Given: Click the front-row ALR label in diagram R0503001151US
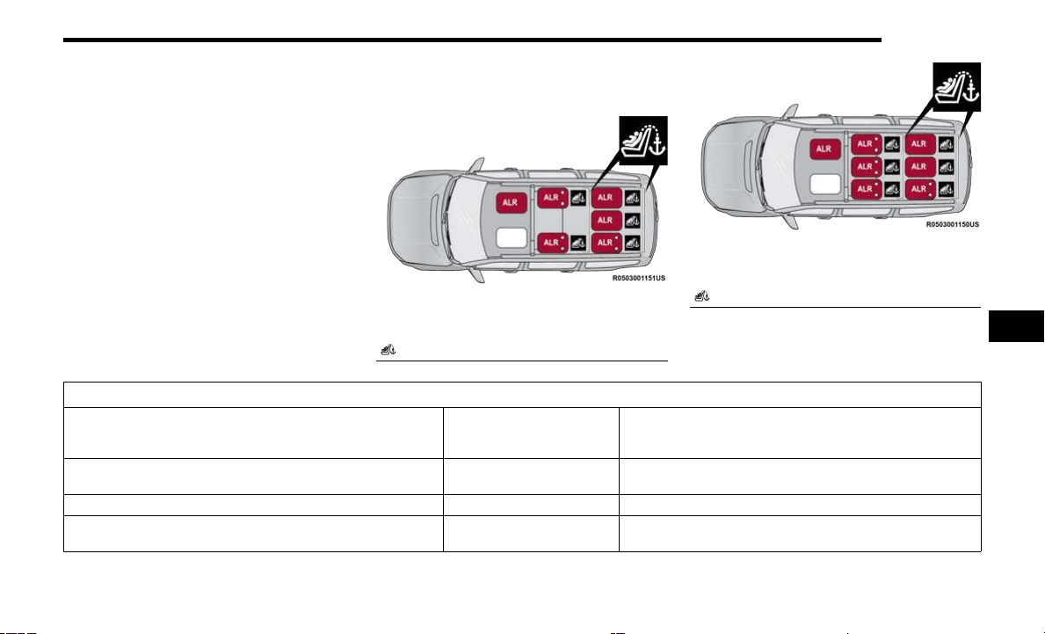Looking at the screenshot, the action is (512, 202).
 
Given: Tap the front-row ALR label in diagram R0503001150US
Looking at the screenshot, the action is (825, 149).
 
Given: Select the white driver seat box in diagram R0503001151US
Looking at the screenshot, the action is (512, 238).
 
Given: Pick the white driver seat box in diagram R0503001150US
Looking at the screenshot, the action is (825, 184).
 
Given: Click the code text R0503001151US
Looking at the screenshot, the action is (638, 278).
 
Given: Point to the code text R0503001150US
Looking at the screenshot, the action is (953, 224).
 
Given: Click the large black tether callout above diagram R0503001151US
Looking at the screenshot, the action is (643, 141).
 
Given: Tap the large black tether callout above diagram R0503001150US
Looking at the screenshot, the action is (957, 87).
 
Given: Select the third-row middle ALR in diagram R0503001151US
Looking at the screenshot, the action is (606, 220).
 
